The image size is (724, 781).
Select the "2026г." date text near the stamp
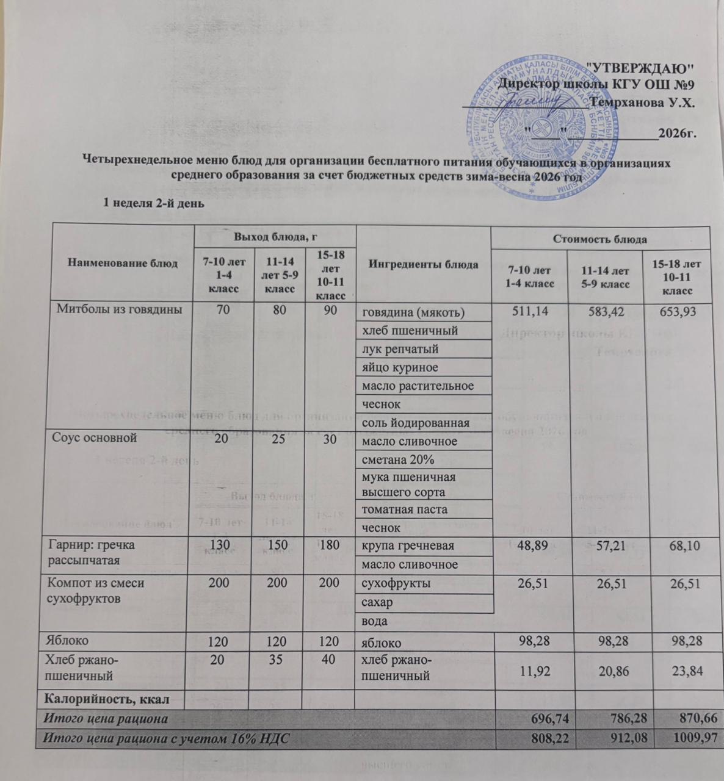678,132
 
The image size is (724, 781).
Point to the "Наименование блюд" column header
116,264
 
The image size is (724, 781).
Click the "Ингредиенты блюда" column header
423,264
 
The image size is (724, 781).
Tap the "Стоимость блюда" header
599,239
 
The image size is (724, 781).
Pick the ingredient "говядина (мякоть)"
413,314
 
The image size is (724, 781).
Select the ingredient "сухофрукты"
396,583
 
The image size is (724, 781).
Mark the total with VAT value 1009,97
680,738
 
